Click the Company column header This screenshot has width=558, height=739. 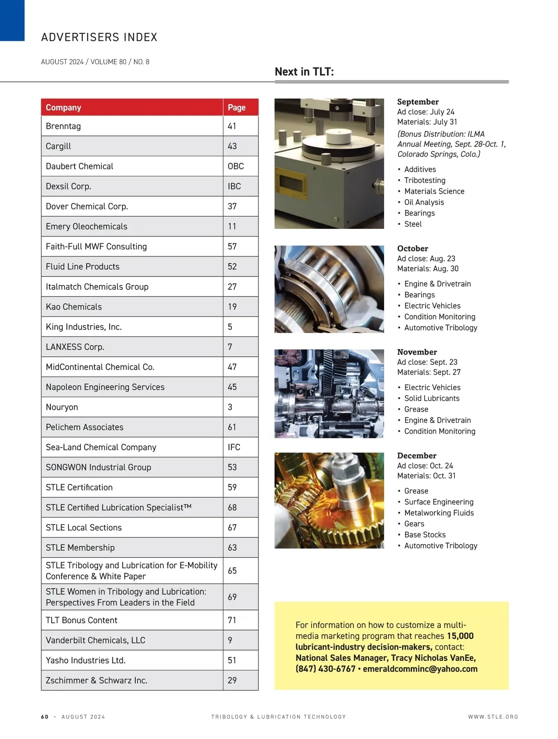63,107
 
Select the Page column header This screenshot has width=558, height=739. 236,107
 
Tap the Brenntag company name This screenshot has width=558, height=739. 63,126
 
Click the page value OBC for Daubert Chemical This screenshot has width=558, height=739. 236,166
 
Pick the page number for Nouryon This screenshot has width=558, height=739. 230,407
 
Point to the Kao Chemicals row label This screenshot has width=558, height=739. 73,307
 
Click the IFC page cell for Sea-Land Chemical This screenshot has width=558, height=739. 234,447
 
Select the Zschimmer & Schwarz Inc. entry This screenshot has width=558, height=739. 97,680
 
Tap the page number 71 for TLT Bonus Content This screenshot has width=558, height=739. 232,620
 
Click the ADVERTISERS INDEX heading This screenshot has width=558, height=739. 99,37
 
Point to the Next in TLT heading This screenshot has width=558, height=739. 304,72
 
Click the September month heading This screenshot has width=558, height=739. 418,101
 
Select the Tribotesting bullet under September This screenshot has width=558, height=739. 425,181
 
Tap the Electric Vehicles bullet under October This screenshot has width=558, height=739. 432,306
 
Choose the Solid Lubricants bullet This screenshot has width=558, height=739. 432,398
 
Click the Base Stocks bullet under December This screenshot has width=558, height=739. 425,535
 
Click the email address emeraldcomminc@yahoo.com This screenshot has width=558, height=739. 420,669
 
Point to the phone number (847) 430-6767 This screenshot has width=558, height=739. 325,669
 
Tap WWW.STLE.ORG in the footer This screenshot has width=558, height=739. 493,717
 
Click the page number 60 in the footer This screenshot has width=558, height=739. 45,717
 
